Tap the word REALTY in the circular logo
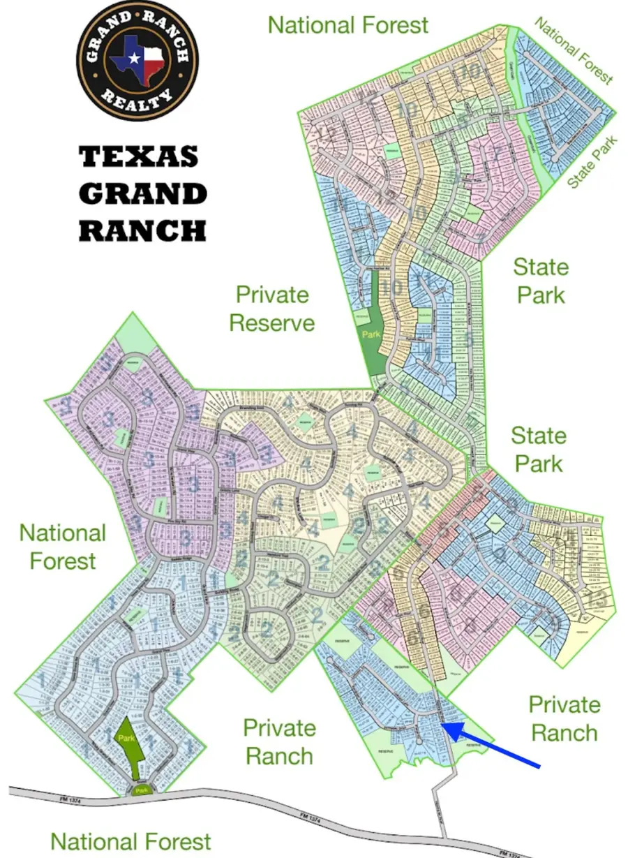click(x=137, y=98)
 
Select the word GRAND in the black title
click(x=142, y=193)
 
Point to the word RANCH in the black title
click(x=142, y=229)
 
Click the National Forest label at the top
click(x=347, y=25)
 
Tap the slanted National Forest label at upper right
click(x=574, y=50)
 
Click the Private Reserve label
click(x=272, y=308)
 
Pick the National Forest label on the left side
click(x=62, y=547)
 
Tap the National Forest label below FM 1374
click(x=130, y=841)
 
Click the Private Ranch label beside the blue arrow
click(x=564, y=718)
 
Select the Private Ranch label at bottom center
click(x=278, y=741)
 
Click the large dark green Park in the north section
click(x=375, y=328)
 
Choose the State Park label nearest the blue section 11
click(x=541, y=280)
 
